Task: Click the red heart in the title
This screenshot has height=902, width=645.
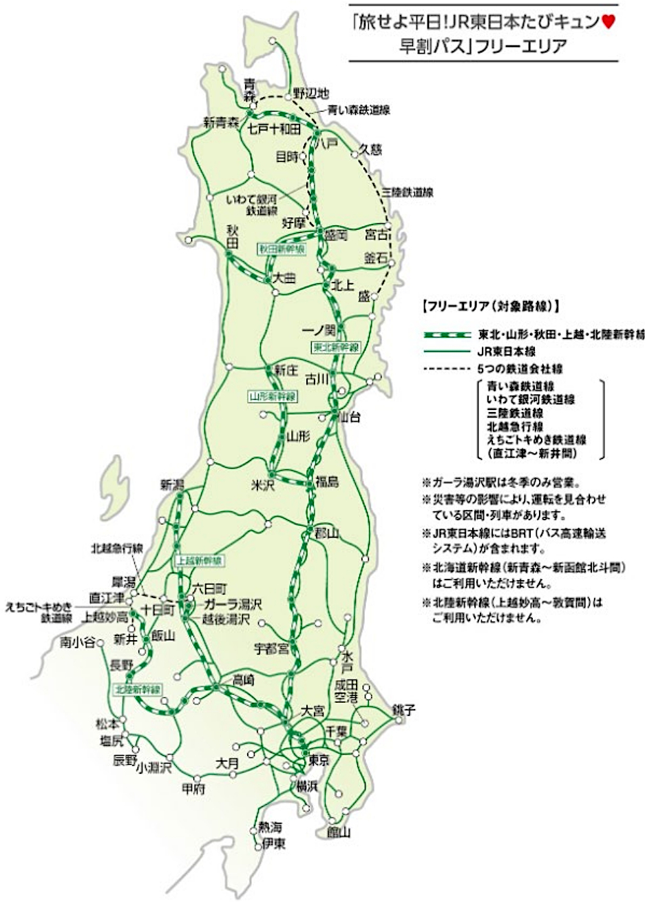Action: point(608,22)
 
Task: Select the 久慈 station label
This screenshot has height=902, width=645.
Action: point(370,150)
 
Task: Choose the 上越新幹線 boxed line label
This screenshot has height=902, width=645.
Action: point(198,561)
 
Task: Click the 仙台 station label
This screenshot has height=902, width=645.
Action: point(349,418)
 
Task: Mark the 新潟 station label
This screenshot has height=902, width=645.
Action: point(173,484)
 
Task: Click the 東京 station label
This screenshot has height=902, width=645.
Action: point(319,760)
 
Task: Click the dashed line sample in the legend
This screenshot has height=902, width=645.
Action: point(445,368)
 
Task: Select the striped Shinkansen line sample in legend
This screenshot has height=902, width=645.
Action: point(445,334)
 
